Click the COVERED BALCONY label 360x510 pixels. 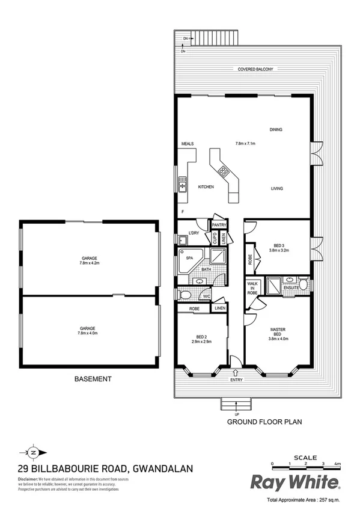(x=255, y=70)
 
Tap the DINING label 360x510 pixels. (x=276, y=129)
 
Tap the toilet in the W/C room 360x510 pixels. (x=185, y=295)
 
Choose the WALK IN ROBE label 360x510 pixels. (x=252, y=287)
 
